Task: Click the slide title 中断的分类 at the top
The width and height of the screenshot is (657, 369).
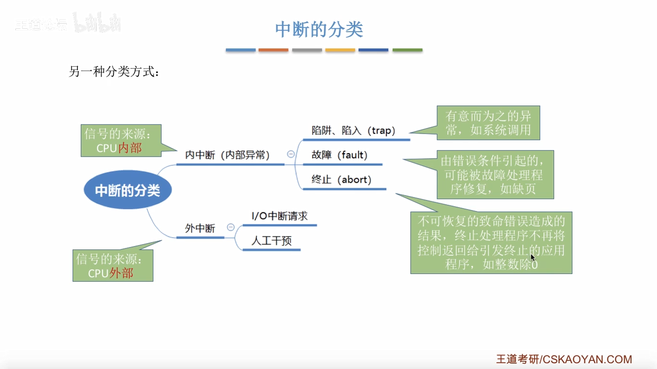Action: tap(319, 29)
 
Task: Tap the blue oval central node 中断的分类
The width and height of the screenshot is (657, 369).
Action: tap(127, 190)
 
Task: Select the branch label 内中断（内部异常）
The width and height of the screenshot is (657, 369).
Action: tap(227, 155)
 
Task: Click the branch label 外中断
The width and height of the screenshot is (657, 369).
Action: tap(200, 228)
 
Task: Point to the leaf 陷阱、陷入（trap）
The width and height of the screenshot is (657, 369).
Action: tap(353, 131)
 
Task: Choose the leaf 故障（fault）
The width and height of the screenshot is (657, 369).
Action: tap(339, 155)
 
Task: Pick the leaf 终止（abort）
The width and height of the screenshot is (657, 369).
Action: tap(341, 180)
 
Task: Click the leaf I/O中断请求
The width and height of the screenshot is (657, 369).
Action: tap(279, 216)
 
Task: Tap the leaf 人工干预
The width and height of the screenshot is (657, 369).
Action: tap(271, 241)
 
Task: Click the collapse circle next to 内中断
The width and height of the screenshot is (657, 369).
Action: tap(291, 154)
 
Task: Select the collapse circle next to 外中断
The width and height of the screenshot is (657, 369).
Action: tap(231, 227)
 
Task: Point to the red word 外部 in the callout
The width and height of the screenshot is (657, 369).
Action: tap(121, 273)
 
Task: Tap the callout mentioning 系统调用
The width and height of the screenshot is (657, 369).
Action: tap(488, 123)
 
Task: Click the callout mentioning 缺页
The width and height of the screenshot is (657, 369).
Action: tap(495, 175)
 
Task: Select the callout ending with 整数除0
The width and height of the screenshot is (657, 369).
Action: tap(491, 243)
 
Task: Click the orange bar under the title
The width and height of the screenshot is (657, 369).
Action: tap(273, 50)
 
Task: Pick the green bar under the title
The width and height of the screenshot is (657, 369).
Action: tap(407, 50)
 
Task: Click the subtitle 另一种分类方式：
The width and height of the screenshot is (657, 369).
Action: tap(114, 73)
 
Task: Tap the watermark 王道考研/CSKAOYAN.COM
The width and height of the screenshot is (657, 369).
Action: tap(564, 359)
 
